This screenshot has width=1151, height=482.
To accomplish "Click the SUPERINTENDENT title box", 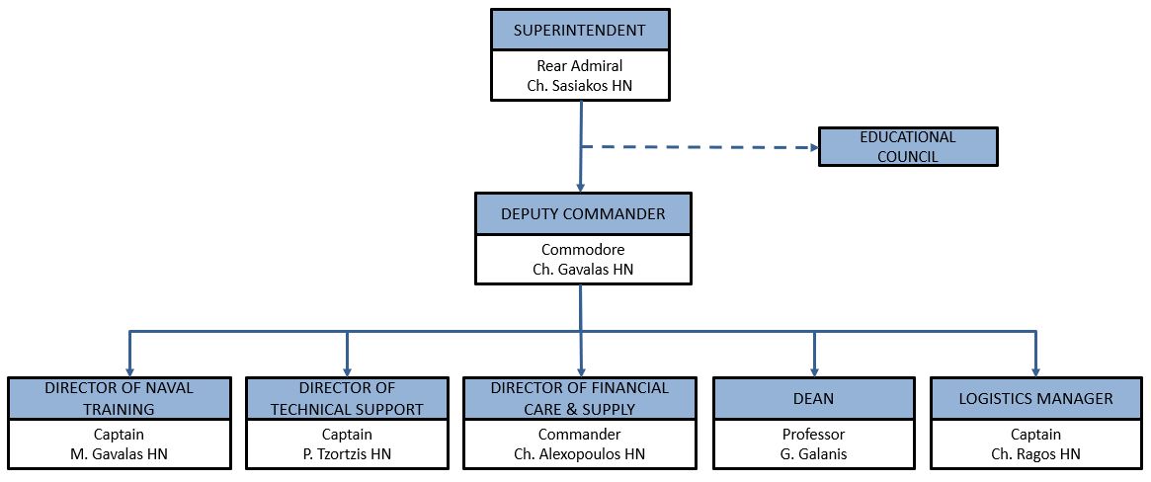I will point(580,30).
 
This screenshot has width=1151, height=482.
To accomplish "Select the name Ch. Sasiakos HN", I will point(580,86).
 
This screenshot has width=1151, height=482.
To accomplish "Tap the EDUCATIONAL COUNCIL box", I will point(908,147).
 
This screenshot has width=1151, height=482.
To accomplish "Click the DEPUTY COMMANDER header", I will point(582,214).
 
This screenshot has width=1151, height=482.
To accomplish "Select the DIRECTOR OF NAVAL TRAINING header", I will point(120,398).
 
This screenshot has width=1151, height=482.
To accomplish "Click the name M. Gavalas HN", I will point(120,453).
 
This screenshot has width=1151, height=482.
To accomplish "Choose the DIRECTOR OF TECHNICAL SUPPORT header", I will point(347,398).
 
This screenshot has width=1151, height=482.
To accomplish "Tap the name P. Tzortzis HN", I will point(347,453).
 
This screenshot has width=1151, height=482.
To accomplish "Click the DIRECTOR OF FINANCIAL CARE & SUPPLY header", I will point(580,398).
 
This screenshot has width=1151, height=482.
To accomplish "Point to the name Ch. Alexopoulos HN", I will point(580,453).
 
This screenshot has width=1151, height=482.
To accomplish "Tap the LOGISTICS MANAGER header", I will point(1035,399).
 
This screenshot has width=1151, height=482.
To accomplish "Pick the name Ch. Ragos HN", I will point(1035,453).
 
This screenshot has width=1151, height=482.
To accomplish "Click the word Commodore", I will point(582,250).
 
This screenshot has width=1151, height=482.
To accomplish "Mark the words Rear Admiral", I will point(580,66).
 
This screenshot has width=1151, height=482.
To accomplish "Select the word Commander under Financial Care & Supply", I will point(580,435).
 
